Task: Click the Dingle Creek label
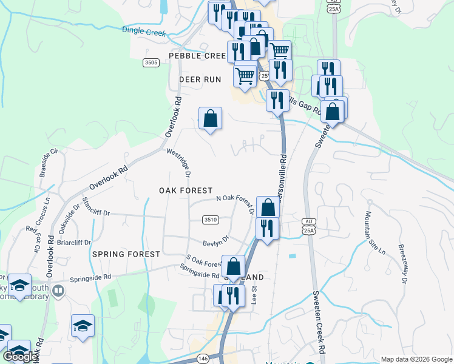(x=144, y=31)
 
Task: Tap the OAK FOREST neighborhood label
(x=186, y=190)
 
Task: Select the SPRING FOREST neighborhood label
(x=126, y=254)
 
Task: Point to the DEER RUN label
(x=200, y=79)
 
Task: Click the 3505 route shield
(x=151, y=62)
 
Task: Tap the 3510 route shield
(x=211, y=220)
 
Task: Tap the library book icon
(x=58, y=291)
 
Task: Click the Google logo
(x=20, y=357)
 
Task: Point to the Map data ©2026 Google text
(x=416, y=359)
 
